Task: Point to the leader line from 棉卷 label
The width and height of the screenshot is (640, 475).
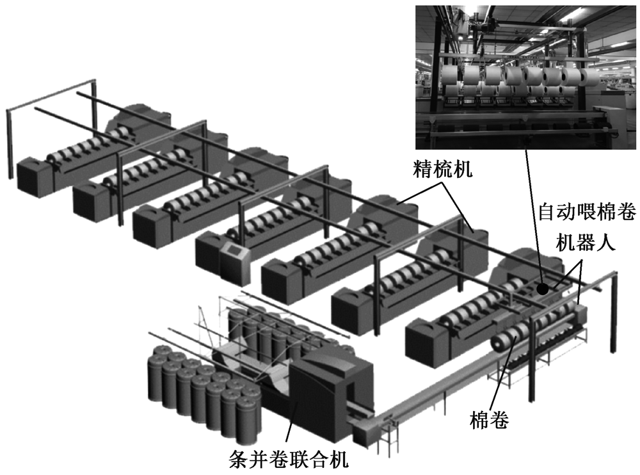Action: tap(500, 384)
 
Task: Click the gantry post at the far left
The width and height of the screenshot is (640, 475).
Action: tap(9, 144)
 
